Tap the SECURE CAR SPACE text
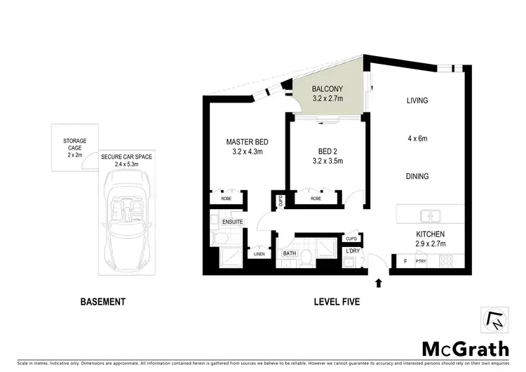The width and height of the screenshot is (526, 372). pos(126,157)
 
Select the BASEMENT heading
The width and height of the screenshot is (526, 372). pos(102,303)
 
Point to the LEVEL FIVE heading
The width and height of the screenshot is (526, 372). pos(337,303)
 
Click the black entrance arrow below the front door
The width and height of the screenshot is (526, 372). pos(379,284)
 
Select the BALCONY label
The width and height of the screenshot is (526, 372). pos(328,89)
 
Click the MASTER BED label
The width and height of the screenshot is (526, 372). pos(247,142)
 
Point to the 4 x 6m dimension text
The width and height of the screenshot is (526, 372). pos(417,138)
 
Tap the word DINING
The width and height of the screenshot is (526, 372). pos(417,177)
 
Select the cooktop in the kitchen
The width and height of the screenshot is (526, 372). pos(445,261)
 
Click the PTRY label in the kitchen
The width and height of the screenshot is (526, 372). pos(422,262)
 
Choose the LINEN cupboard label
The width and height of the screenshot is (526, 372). pos(259,255)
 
